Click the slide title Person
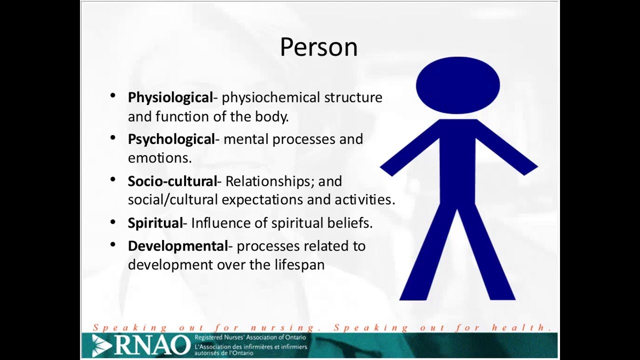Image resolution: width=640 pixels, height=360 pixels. tap(318, 47)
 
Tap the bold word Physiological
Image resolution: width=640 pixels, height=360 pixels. tap(170, 97)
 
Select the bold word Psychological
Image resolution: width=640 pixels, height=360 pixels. tap(171, 139)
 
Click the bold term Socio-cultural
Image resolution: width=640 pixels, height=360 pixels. tap(172, 181)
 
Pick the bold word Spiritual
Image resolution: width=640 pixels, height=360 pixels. tap(155, 223)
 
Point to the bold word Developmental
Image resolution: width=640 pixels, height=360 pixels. tap(177, 246)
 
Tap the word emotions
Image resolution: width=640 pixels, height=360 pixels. tap(159, 158)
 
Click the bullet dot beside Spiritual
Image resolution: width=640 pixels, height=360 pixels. tap(113, 221)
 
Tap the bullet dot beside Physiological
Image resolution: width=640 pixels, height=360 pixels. tap(113, 95)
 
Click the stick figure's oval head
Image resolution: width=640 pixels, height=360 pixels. tap(457, 85)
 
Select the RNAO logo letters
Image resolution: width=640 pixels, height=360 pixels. tap(152, 344)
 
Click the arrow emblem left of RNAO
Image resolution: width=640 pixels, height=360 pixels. tap(102, 345)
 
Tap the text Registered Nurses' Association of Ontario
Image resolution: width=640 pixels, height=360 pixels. tap(250, 337)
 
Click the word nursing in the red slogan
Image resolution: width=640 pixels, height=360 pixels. tap(283, 327)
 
